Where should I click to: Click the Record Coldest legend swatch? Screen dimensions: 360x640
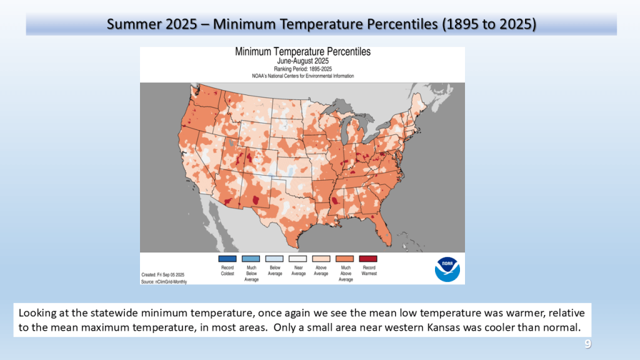click(227, 259)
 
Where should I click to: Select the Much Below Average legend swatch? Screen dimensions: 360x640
click(251, 259)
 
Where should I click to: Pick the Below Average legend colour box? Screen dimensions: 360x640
click(274, 259)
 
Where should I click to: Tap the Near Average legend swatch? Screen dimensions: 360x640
click(298, 259)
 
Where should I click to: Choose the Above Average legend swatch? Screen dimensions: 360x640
click(321, 259)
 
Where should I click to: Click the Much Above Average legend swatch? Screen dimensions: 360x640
click(345, 259)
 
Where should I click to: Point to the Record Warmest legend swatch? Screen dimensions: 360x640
click(369, 259)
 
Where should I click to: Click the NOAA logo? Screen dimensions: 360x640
click(447, 268)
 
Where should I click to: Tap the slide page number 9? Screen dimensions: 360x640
click(587, 344)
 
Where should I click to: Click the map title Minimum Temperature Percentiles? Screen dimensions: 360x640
click(302, 52)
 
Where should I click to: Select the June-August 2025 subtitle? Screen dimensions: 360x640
click(302, 61)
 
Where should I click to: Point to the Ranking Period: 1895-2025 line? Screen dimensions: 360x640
click(302, 69)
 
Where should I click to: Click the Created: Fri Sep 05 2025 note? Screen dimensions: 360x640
click(162, 275)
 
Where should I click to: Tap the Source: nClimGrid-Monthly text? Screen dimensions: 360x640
click(164, 281)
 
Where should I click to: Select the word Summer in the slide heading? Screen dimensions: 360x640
click(129, 24)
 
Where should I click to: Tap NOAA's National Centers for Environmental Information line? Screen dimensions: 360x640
click(302, 76)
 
